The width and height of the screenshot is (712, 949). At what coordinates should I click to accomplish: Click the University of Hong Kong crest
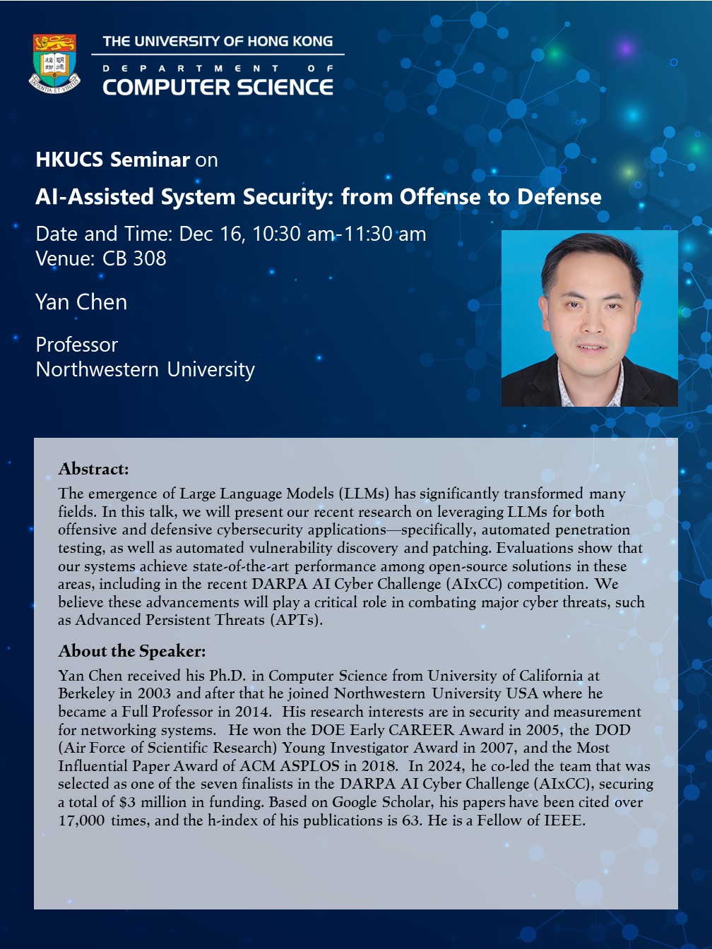pyautogui.click(x=54, y=64)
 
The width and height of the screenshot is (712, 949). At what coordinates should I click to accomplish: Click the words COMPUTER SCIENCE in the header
pyautogui.click(x=218, y=87)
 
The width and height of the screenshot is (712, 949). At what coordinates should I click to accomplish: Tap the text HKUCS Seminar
pyautogui.click(x=112, y=160)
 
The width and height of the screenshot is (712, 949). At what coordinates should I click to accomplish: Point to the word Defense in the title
pyautogui.click(x=559, y=197)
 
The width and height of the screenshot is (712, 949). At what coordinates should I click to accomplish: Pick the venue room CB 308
pyautogui.click(x=134, y=258)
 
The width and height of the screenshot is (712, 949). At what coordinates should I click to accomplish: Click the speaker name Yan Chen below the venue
pyautogui.click(x=81, y=302)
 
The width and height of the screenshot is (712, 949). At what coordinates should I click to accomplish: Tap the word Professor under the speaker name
pyautogui.click(x=77, y=345)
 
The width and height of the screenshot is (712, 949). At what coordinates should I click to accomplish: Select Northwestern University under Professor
pyautogui.click(x=146, y=369)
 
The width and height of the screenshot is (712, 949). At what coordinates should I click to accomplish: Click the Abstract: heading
pyautogui.click(x=94, y=469)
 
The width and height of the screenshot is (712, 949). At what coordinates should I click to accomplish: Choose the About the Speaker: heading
pyautogui.click(x=132, y=651)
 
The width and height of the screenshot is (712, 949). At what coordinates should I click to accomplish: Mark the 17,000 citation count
pyautogui.click(x=82, y=820)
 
